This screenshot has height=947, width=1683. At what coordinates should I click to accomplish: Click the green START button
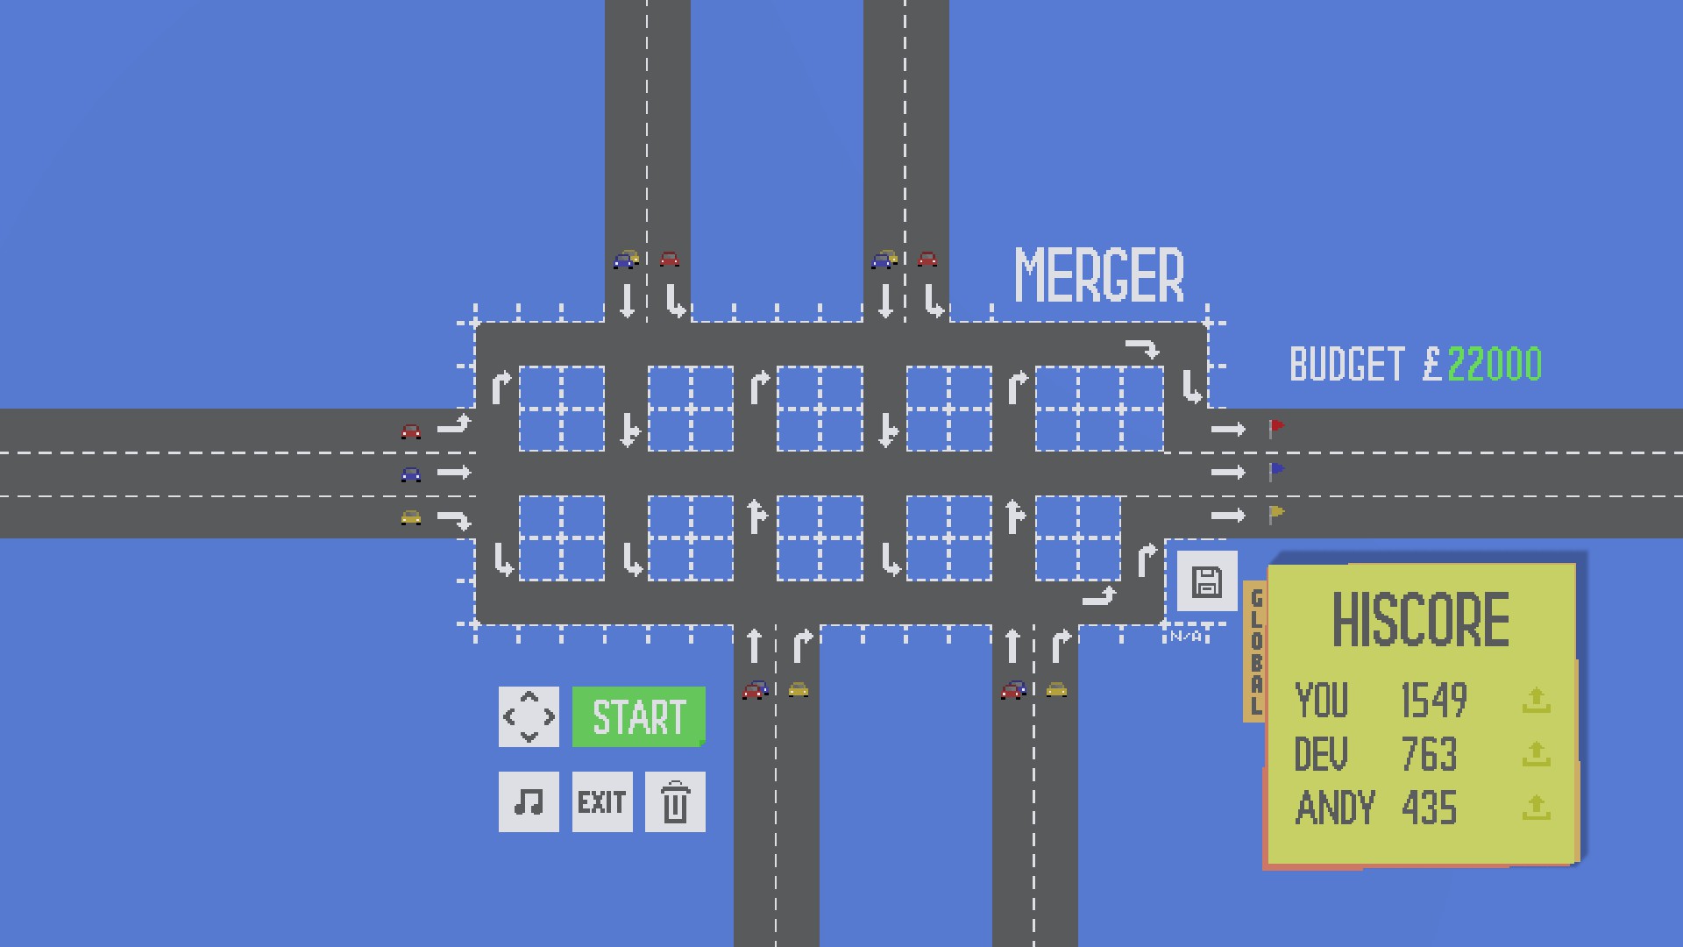tap(638, 717)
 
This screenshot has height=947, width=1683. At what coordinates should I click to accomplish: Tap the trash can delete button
tap(675, 801)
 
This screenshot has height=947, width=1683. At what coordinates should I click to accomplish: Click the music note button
tap(529, 801)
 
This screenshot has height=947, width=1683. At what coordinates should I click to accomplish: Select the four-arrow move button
tap(529, 717)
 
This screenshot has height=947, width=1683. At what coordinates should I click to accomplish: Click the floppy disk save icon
tap(1207, 581)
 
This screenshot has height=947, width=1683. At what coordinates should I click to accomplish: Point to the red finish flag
tap(1276, 427)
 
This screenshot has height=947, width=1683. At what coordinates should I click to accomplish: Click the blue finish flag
tap(1276, 471)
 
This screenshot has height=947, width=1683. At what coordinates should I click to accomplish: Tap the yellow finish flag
tap(1276, 514)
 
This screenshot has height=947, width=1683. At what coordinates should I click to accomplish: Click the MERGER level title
tap(1098, 275)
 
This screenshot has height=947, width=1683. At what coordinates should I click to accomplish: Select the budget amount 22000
tap(1495, 365)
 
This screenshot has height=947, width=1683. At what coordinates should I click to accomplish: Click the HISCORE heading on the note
tap(1420, 620)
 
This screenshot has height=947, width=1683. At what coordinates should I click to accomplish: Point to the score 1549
tap(1434, 700)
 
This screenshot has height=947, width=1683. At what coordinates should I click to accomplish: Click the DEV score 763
tap(1429, 754)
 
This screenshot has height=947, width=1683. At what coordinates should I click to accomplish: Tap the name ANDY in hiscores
tap(1335, 808)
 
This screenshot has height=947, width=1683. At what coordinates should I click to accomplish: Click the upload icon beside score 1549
tap(1536, 700)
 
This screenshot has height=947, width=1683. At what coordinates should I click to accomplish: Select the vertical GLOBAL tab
tap(1255, 651)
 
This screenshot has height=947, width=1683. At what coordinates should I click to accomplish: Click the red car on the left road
tap(410, 431)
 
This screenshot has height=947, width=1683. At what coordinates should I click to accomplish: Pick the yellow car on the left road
tap(410, 517)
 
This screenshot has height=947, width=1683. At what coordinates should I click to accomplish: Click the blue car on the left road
tap(410, 474)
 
